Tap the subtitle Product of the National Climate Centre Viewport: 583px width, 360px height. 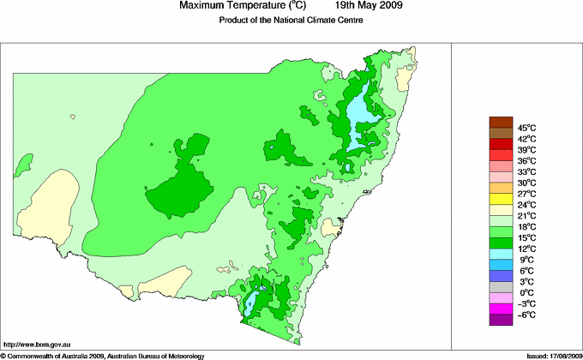point(291,20)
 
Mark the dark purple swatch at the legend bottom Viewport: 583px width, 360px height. point(499,320)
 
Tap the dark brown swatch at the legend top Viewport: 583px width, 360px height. point(499,122)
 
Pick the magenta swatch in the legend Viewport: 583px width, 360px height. point(499,309)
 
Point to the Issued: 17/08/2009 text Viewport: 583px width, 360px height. point(548,355)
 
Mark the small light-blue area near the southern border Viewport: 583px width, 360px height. point(253,303)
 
